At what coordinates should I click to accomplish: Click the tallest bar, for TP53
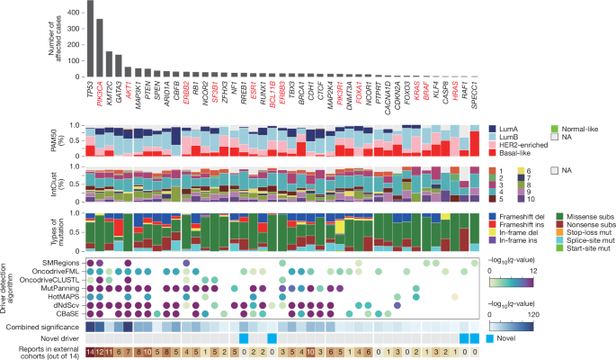[x=90, y=40]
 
